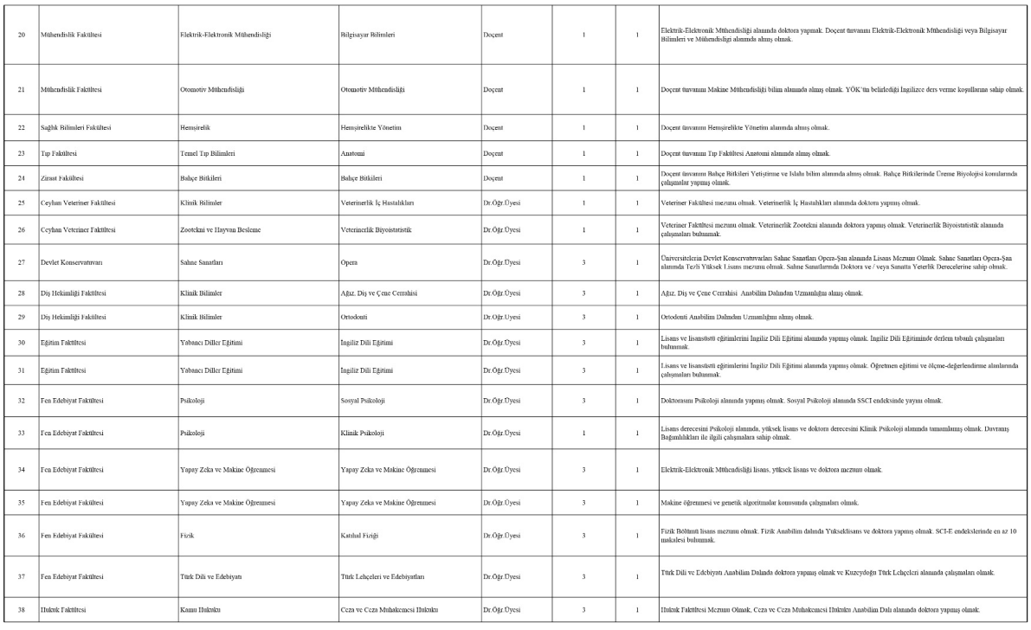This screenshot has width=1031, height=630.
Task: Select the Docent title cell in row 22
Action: (x=494, y=128)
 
